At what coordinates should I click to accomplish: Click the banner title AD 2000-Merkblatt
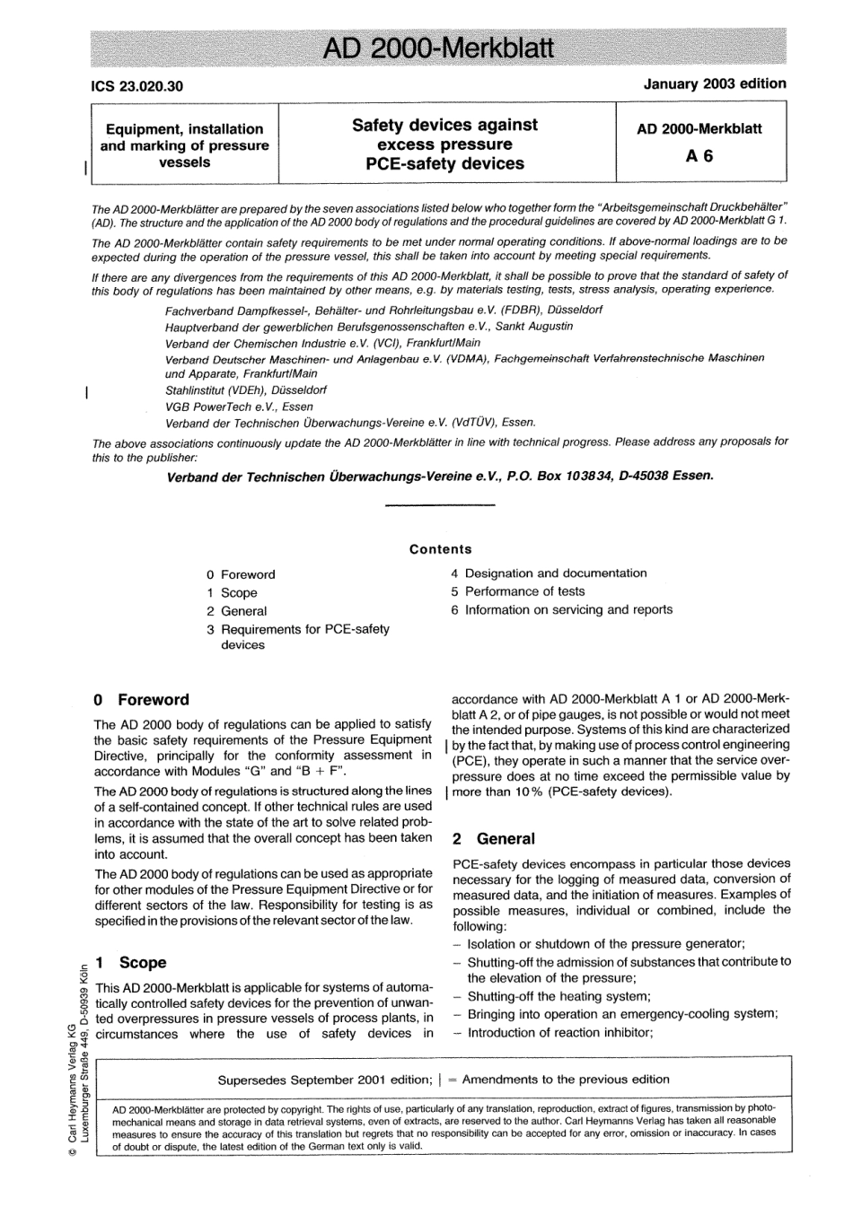pos(438,48)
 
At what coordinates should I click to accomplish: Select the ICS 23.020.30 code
pos(137,86)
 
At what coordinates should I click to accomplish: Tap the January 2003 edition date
pos(715,83)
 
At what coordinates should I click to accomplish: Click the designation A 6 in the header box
pos(699,155)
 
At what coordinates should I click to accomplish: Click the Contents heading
pos(440,549)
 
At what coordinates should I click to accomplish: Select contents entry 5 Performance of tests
pos(517,591)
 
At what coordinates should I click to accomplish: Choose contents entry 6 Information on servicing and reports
pos(561,609)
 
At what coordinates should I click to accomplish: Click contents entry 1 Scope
pos(232,592)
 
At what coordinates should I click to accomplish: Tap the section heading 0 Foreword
pos(142,700)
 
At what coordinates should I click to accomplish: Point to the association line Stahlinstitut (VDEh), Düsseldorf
pos(246,390)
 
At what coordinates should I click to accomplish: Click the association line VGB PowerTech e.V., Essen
pos(226,407)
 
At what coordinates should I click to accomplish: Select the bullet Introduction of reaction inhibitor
pos(559,1032)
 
